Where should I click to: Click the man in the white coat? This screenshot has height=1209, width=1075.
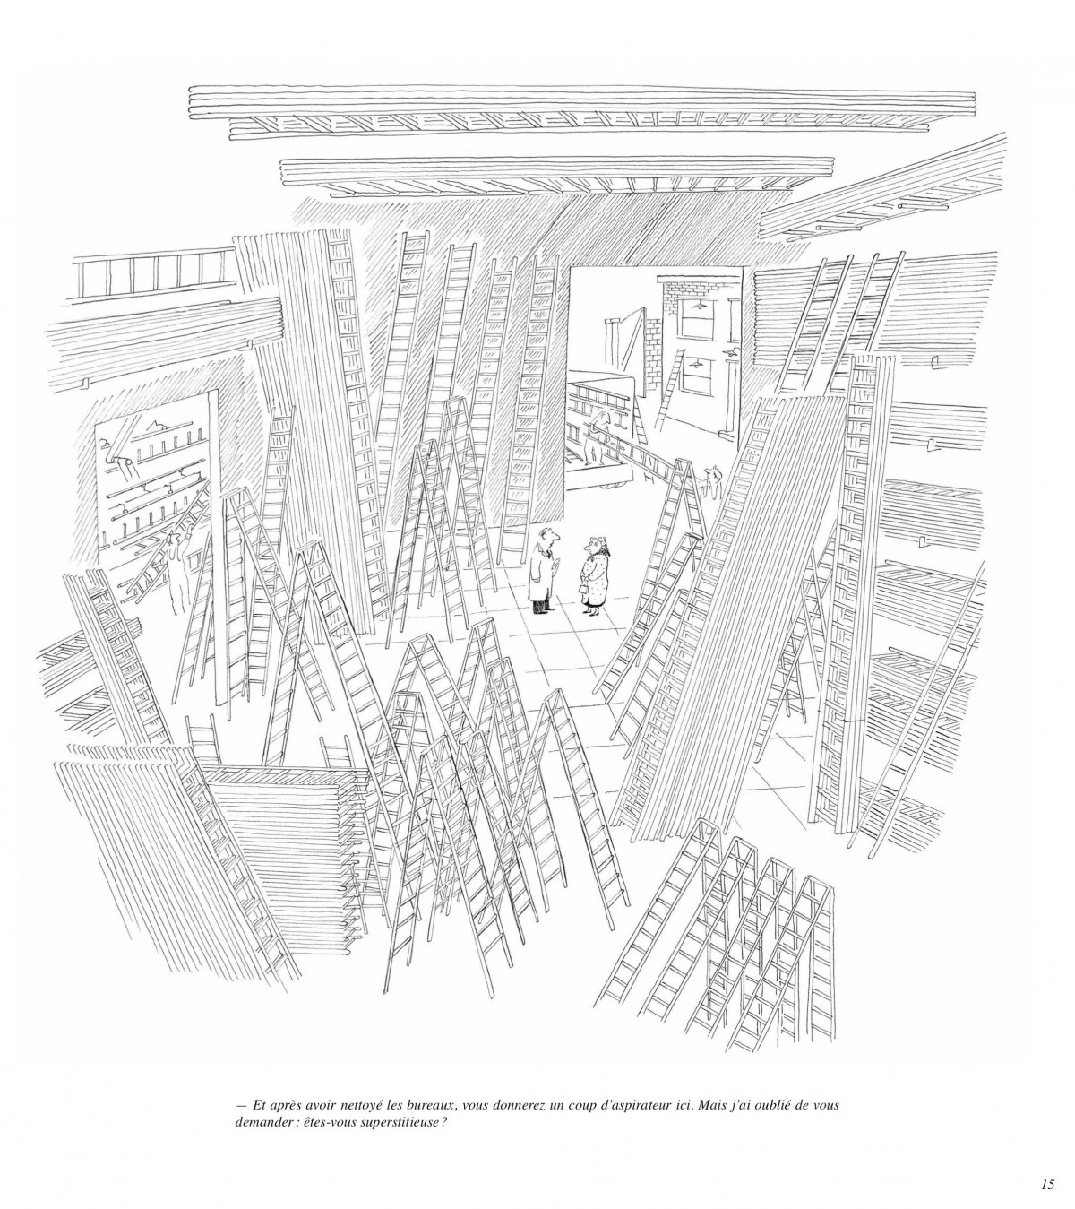click(543, 570)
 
